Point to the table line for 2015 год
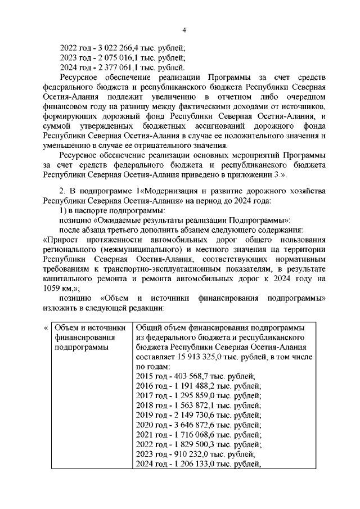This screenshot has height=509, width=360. pos(195,376)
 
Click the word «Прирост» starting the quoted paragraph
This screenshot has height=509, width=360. pos(62,239)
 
